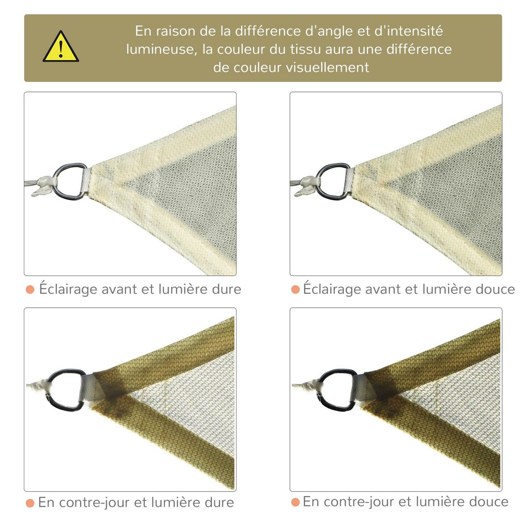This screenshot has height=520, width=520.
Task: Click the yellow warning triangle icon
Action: click(61, 47)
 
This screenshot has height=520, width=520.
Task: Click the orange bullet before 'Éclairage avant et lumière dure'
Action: click(30, 289)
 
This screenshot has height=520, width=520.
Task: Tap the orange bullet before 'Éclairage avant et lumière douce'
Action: click(296, 289)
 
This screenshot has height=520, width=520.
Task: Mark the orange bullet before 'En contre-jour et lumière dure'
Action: click(30, 503)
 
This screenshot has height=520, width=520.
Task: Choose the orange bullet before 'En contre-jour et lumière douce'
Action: click(296, 502)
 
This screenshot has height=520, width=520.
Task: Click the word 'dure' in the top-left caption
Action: click(227, 289)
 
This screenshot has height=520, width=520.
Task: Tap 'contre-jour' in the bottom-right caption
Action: click(359, 502)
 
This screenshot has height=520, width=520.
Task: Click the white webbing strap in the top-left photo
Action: click(85, 182)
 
